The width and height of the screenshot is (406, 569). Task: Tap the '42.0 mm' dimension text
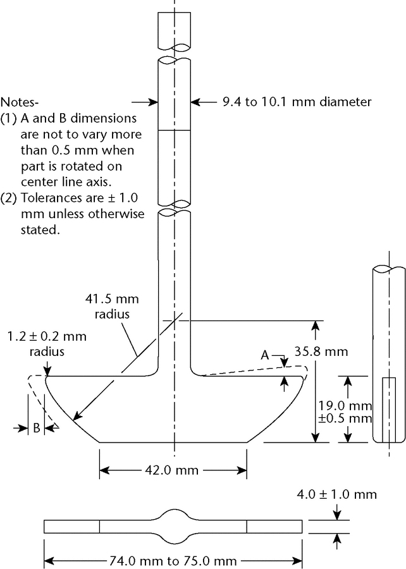173,470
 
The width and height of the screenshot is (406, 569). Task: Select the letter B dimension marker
37,427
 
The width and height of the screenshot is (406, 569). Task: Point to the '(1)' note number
9,118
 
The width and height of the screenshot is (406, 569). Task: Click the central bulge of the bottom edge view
174,525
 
